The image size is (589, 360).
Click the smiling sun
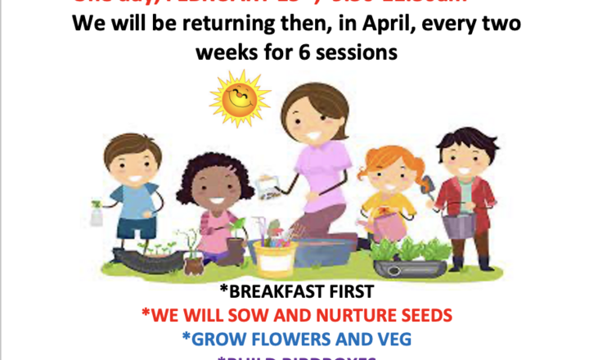pyautogui.click(x=239, y=97)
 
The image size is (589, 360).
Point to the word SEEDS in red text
pyautogui.click(x=421, y=314)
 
